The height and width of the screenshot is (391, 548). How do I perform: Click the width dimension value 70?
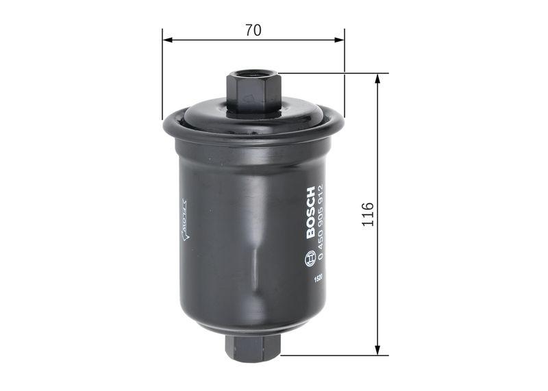tap(253, 30)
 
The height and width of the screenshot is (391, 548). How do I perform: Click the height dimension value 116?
tap(368, 214)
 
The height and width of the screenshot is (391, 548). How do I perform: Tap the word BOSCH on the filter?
tap(310, 212)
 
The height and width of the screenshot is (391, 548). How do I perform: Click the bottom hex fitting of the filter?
tap(253, 346)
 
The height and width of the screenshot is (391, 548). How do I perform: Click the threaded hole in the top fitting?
tap(253, 73)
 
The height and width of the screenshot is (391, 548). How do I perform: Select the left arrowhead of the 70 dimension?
tap(167, 40)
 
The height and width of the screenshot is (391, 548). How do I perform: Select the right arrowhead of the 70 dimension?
tap(340, 40)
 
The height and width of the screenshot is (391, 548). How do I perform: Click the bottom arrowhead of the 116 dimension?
tap(377, 350)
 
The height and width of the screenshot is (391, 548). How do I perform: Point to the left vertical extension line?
tap(162, 75)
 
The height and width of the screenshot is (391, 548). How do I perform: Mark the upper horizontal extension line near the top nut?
tap(329, 73)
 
